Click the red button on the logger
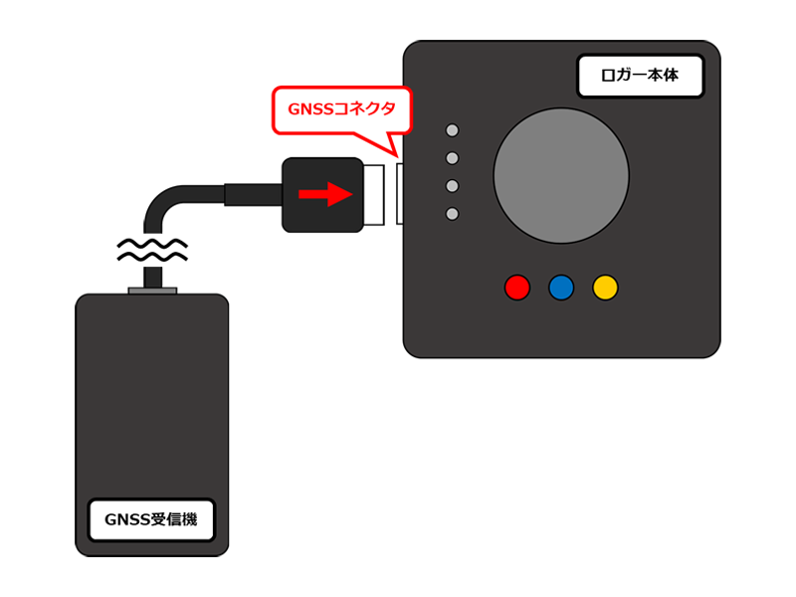tap(517, 288)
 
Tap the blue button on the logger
tap(561, 288)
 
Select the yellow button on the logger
tap(605, 288)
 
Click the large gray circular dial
tap(561, 175)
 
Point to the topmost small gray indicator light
tap(453, 130)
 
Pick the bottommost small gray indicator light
tap(453, 214)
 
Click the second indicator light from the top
tap(453, 158)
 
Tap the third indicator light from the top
tap(453, 186)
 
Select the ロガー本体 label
tap(642, 75)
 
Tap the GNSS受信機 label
tap(151, 519)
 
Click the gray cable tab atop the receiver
tap(152, 292)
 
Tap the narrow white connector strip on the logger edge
tap(400, 194)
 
